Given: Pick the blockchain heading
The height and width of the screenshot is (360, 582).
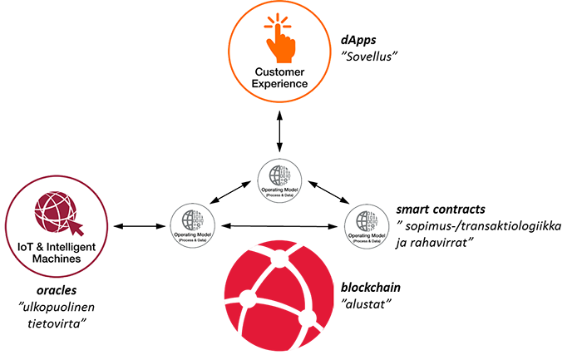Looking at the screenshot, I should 372,288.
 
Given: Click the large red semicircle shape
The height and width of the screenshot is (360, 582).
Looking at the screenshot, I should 249,299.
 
